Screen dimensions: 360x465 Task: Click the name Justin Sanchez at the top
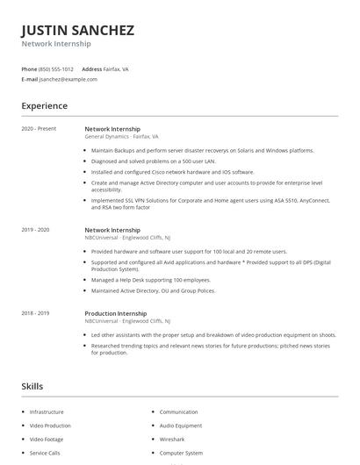pyautogui.click(x=78, y=31)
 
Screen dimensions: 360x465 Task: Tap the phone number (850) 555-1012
pyautogui.click(x=56, y=68)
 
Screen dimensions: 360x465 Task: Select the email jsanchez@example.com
pyautogui.click(x=68, y=79)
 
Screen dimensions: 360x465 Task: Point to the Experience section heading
pyautogui.click(x=45, y=106)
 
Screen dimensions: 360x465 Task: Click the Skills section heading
pyautogui.click(x=32, y=386)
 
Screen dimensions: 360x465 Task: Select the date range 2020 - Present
pyautogui.click(x=39, y=129)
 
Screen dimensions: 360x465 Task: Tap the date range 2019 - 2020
pyautogui.click(x=36, y=230)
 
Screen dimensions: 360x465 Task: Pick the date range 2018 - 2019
pyautogui.click(x=36, y=313)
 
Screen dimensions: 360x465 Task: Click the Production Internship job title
pyautogui.click(x=115, y=313)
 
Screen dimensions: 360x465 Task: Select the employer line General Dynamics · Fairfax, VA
pyautogui.click(x=121, y=137)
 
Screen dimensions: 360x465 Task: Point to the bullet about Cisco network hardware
pyautogui.click(x=161, y=172)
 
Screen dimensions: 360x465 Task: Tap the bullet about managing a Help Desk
pyautogui.click(x=152, y=280)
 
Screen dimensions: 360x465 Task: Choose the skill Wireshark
pyautogui.click(x=172, y=439)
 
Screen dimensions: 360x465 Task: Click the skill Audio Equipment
pyautogui.click(x=181, y=426)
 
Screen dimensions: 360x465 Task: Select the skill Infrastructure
pyautogui.click(x=47, y=411)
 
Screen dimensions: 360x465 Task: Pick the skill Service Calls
pyautogui.click(x=45, y=453)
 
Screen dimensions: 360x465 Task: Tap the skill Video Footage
pyautogui.click(x=47, y=439)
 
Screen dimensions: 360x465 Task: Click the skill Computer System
pyautogui.click(x=182, y=453)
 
